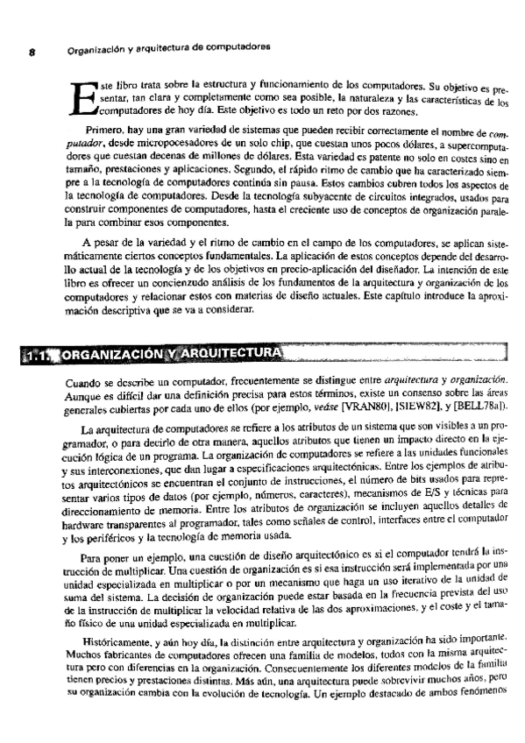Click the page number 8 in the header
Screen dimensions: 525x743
31,51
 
